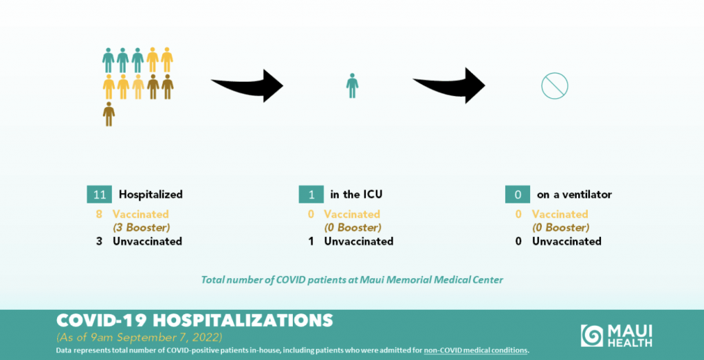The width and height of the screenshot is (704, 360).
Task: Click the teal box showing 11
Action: [99, 194]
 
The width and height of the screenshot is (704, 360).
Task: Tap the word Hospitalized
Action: [151, 195]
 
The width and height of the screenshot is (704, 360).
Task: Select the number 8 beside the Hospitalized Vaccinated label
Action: [99, 214]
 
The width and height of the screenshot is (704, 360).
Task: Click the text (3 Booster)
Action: [141, 227]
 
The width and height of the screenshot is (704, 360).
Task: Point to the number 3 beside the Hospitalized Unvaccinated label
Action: [99, 241]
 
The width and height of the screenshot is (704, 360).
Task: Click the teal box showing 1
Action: [311, 194]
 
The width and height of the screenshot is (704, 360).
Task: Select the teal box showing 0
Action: [518, 194]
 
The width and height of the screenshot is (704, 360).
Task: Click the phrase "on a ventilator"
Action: [574, 195]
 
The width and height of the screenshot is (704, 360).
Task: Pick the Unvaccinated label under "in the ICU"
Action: [359, 241]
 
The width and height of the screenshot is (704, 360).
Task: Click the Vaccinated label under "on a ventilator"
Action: [560, 214]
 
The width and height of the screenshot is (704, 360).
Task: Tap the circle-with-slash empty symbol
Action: [555, 86]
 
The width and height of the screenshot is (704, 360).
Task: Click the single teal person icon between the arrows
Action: [353, 85]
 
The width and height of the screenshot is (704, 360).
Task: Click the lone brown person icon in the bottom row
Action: [109, 114]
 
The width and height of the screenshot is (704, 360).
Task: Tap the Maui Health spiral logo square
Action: [591, 336]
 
